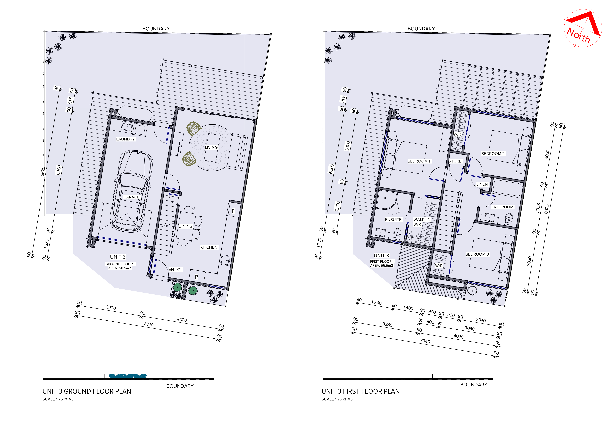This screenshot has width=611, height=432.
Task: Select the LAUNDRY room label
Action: (x=126, y=139)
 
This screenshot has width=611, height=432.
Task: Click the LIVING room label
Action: (x=211, y=147)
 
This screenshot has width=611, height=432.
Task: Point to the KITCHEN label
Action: (x=209, y=247)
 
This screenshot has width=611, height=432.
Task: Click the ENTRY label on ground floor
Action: (x=175, y=269)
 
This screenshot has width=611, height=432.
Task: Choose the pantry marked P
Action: (x=197, y=277)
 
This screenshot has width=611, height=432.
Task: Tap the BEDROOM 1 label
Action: (x=419, y=161)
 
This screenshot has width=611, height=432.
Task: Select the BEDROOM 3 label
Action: (x=477, y=254)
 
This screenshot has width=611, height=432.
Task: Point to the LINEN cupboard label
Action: (x=482, y=184)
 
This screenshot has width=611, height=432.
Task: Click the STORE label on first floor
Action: (x=455, y=161)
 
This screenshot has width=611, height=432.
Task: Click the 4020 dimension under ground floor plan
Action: (x=182, y=320)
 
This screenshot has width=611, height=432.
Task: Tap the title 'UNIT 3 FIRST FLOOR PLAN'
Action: (x=361, y=391)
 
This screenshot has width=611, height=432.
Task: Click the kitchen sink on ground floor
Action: (x=225, y=260)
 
